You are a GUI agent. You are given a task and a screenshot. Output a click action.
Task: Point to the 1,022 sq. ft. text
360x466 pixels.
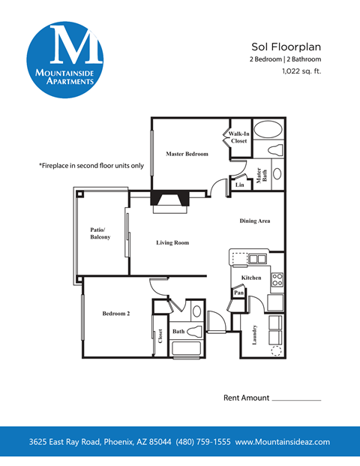click(x=301, y=72)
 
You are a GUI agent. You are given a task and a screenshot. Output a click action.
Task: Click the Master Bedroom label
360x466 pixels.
click(x=187, y=154)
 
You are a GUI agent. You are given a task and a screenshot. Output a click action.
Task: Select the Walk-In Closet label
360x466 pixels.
click(x=238, y=137)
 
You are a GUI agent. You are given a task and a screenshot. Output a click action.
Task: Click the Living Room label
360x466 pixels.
click(x=172, y=242)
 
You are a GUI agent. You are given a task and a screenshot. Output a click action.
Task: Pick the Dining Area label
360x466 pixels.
click(x=255, y=221)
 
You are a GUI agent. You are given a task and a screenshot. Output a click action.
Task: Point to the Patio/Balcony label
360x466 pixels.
click(x=100, y=233)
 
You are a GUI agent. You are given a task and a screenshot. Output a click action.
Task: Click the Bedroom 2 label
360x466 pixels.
click(x=116, y=314)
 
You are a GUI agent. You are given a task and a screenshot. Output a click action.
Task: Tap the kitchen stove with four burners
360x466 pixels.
click(x=277, y=280)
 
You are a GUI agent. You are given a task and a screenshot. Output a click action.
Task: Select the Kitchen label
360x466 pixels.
click(x=251, y=278)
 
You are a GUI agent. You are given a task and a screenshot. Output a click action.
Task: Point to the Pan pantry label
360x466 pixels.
click(x=238, y=293)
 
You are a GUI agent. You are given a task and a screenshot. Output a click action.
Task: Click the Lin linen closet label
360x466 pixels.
click(x=239, y=184)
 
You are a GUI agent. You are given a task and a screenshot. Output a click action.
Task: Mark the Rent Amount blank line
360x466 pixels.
click(x=295, y=400)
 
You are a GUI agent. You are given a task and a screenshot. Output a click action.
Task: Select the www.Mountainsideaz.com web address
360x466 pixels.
click(x=283, y=442)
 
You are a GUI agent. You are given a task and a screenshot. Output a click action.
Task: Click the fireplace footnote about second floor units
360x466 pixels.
click(x=91, y=165)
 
